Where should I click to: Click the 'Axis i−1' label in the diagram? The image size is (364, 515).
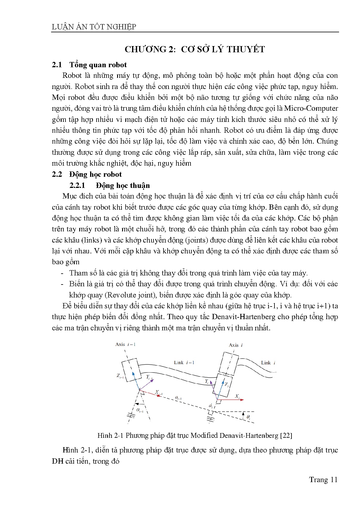click(x=125, y=344)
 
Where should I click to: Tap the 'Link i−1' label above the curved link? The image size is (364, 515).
click(x=184, y=363)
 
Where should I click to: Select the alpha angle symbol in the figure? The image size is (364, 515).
click(x=139, y=410)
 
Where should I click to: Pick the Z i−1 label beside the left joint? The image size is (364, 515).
click(x=120, y=376)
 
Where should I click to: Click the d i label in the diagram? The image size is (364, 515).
click(x=210, y=406)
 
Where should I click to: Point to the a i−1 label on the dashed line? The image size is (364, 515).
click(x=178, y=398)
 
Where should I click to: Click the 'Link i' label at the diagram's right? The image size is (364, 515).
click(x=268, y=363)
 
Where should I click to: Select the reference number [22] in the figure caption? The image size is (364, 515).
click(x=286, y=435)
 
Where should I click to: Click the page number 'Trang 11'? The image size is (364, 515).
click(x=323, y=480)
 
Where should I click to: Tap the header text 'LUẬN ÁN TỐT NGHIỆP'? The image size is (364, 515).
click(x=94, y=27)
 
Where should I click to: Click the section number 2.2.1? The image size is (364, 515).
click(x=77, y=186)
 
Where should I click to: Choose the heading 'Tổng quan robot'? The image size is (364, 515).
click(x=98, y=65)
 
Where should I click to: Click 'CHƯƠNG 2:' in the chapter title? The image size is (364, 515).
click(x=150, y=49)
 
